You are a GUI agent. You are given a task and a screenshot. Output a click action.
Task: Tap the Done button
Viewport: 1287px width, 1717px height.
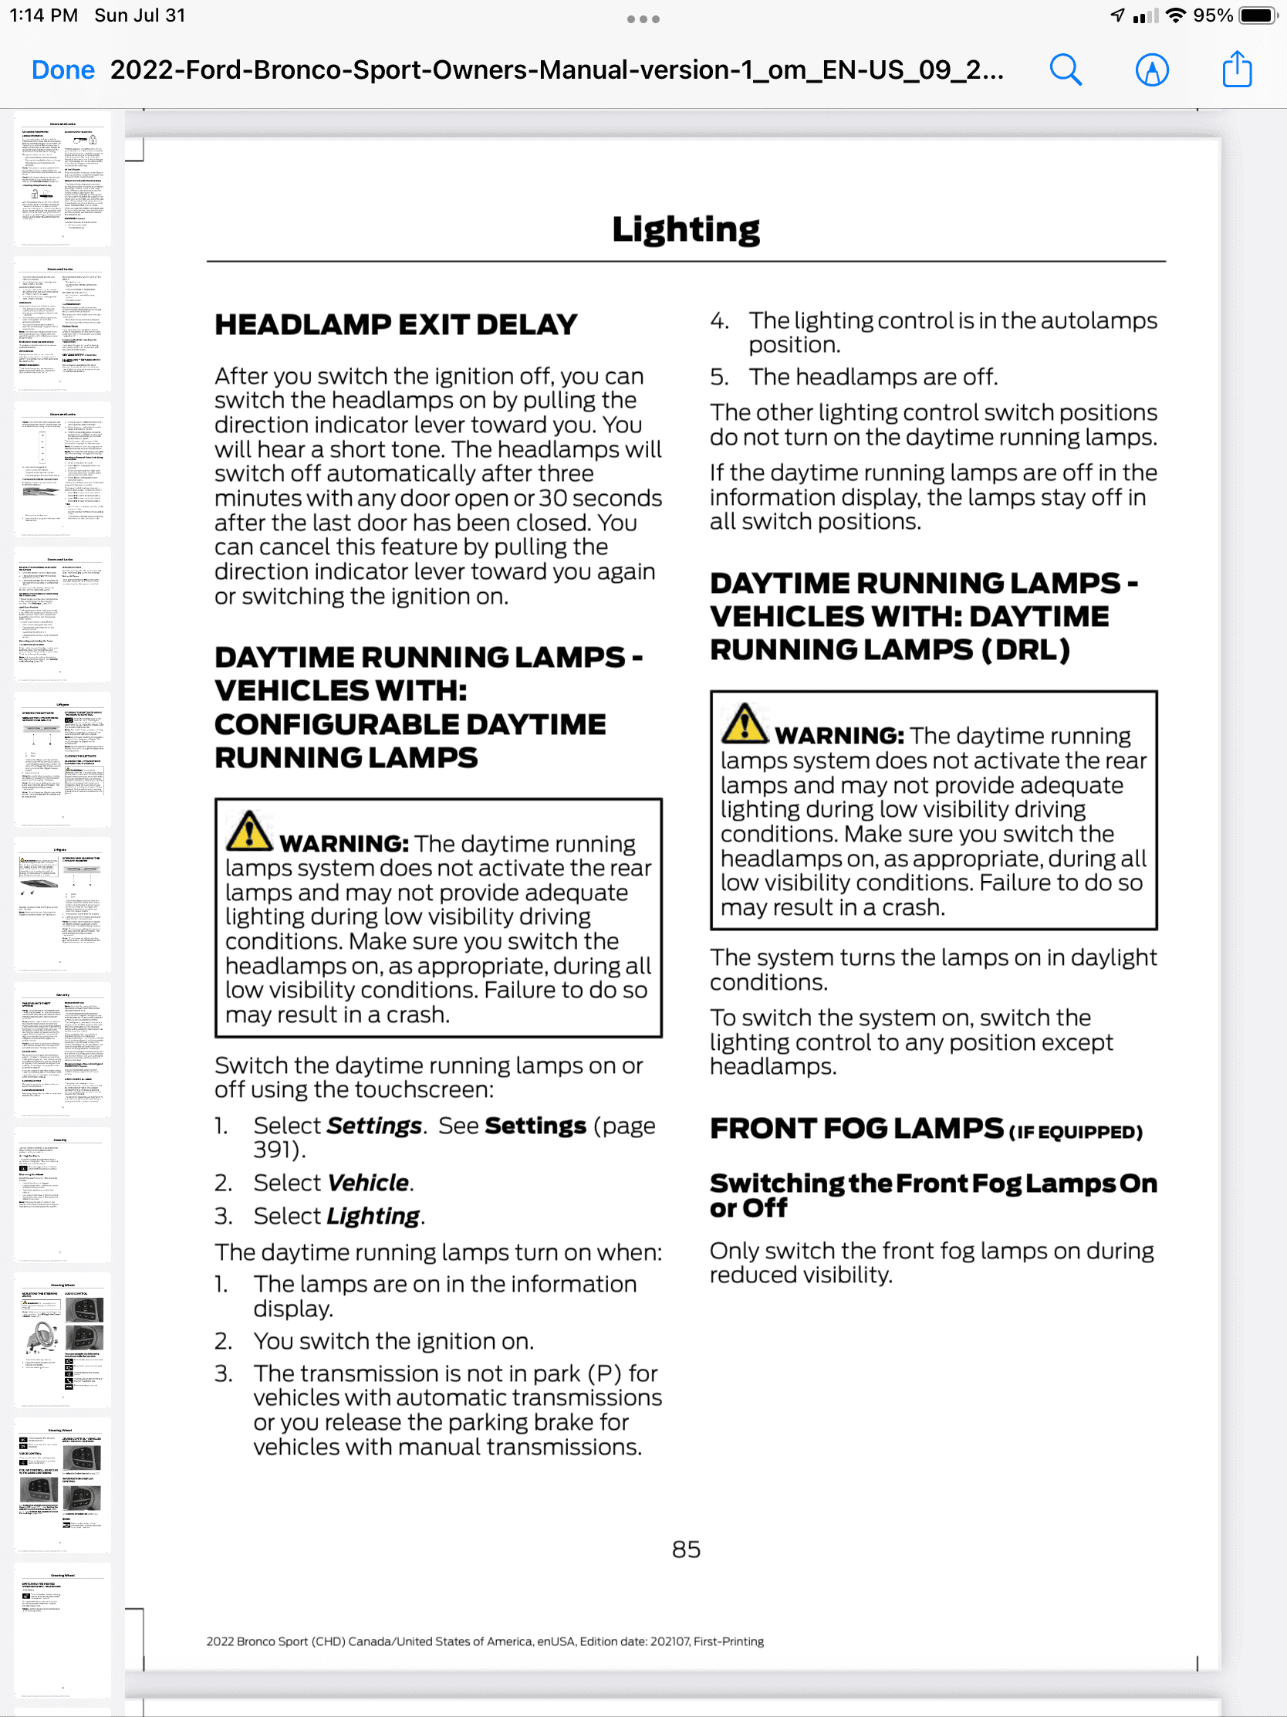point(62,69)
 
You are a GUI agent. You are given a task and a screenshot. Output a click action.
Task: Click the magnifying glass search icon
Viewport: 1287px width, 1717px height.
point(1065,69)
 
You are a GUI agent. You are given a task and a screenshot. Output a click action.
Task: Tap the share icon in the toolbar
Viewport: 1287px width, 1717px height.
point(1237,69)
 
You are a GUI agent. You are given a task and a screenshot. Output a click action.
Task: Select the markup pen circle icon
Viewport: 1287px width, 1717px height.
point(1151,69)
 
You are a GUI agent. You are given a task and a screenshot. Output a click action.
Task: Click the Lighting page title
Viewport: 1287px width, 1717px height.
point(686,230)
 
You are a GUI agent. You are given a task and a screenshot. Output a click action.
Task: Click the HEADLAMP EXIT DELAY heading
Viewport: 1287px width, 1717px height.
point(396,324)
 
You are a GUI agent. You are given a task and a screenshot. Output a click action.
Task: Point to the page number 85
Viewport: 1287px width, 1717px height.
point(686,1549)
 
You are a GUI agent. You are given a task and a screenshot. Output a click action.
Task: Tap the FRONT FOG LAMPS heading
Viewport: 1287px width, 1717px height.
point(856,1129)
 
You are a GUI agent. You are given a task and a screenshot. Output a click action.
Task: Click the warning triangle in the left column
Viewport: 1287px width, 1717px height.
point(248,831)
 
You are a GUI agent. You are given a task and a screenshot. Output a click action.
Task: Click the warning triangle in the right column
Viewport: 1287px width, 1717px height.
point(744,723)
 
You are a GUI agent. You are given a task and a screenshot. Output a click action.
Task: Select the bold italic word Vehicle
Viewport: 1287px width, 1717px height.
point(368,1182)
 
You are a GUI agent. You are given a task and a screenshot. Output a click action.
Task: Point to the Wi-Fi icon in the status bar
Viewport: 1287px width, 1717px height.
point(1176,15)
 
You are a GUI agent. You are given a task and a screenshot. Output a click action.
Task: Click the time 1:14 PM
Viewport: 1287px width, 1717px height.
point(43,15)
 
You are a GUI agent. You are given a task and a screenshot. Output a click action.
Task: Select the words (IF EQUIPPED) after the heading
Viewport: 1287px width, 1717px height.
point(1076,1133)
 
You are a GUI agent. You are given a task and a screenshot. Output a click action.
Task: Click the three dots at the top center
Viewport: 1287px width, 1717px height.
point(643,19)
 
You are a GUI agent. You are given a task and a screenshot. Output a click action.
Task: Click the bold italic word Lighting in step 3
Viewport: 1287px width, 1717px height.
point(373,1215)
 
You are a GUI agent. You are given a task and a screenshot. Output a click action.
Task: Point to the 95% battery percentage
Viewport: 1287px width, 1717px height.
point(1212,15)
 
